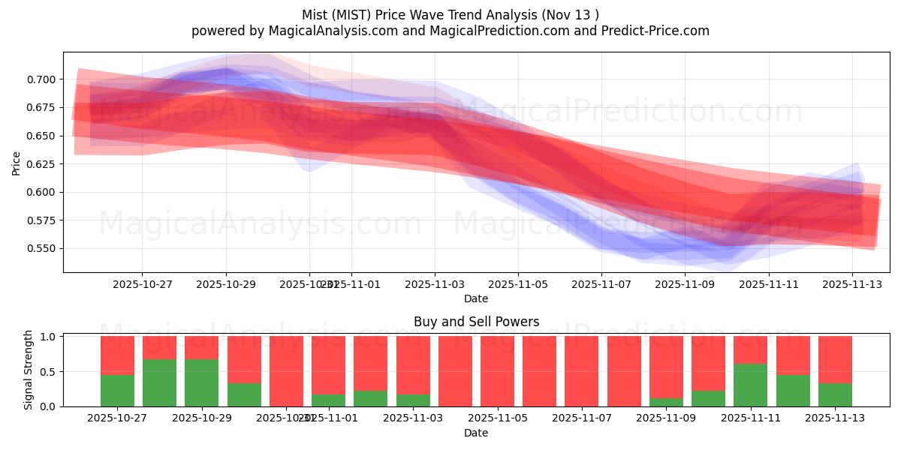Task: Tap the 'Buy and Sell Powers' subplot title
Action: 476,322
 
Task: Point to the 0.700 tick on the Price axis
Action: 41,79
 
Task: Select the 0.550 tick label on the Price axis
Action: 41,248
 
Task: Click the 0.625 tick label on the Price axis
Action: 41,164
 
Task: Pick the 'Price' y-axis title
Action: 17,163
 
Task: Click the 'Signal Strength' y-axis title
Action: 29,369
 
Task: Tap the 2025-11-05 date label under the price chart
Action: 517,285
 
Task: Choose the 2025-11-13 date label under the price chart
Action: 851,285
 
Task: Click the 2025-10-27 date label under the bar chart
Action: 117,418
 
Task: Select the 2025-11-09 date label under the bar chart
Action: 666,418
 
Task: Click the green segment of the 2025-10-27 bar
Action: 117,390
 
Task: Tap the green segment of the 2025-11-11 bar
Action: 750,385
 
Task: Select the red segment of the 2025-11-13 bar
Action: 835,359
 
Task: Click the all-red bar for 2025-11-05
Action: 497,371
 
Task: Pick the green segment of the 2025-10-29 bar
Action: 201,382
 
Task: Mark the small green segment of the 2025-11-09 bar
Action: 666,402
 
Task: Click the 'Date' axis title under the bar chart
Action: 476,433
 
